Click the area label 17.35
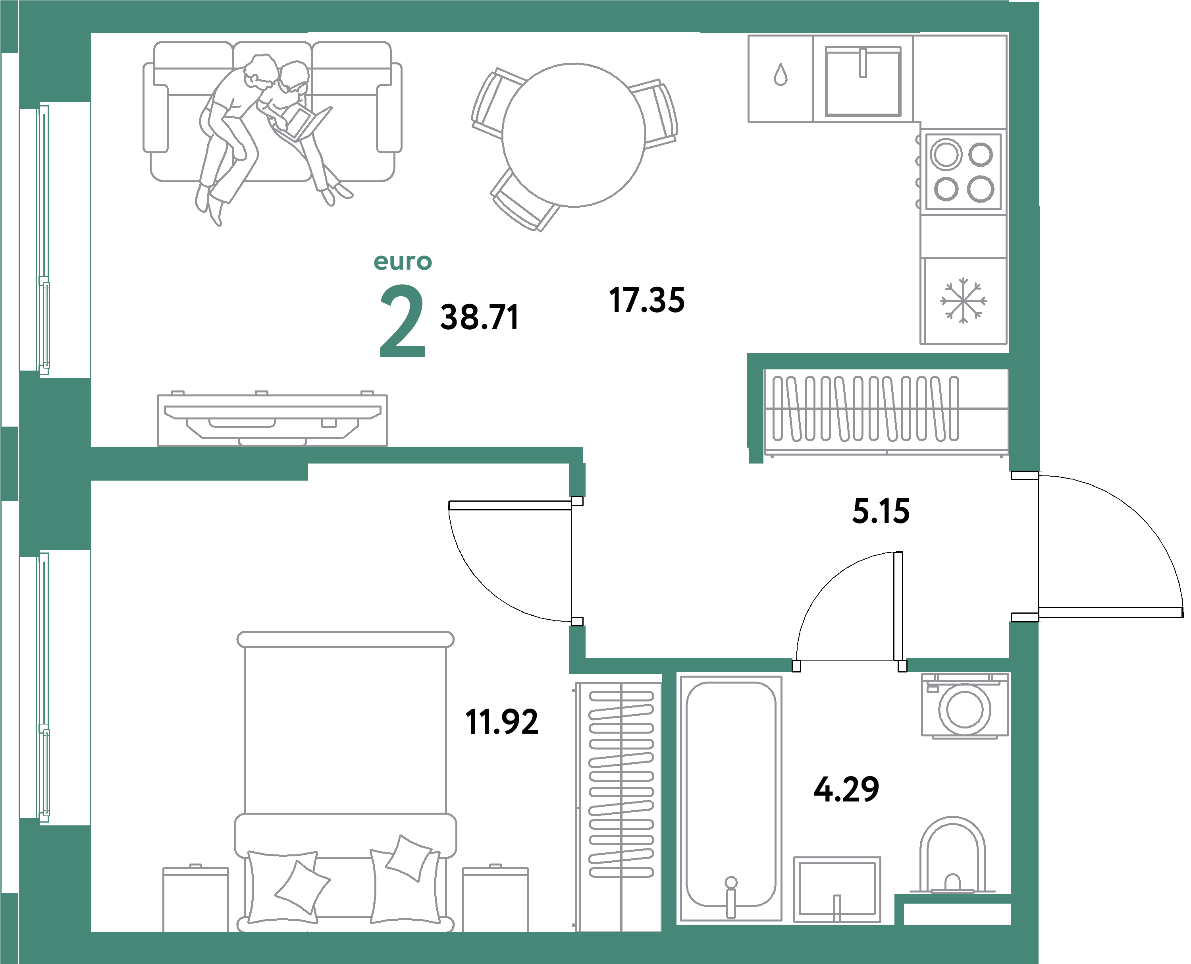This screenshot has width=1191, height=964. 647,300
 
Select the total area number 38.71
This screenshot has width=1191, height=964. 480,318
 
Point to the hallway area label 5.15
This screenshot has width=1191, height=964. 881,512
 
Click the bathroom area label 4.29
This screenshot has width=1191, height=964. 846,790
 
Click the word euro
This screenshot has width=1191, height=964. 403,261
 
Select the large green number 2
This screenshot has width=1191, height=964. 403,321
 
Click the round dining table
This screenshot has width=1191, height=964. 573,135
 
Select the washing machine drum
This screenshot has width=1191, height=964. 965,710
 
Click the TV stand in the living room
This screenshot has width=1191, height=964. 272,420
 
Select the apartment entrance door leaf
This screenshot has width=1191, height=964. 1110,612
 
